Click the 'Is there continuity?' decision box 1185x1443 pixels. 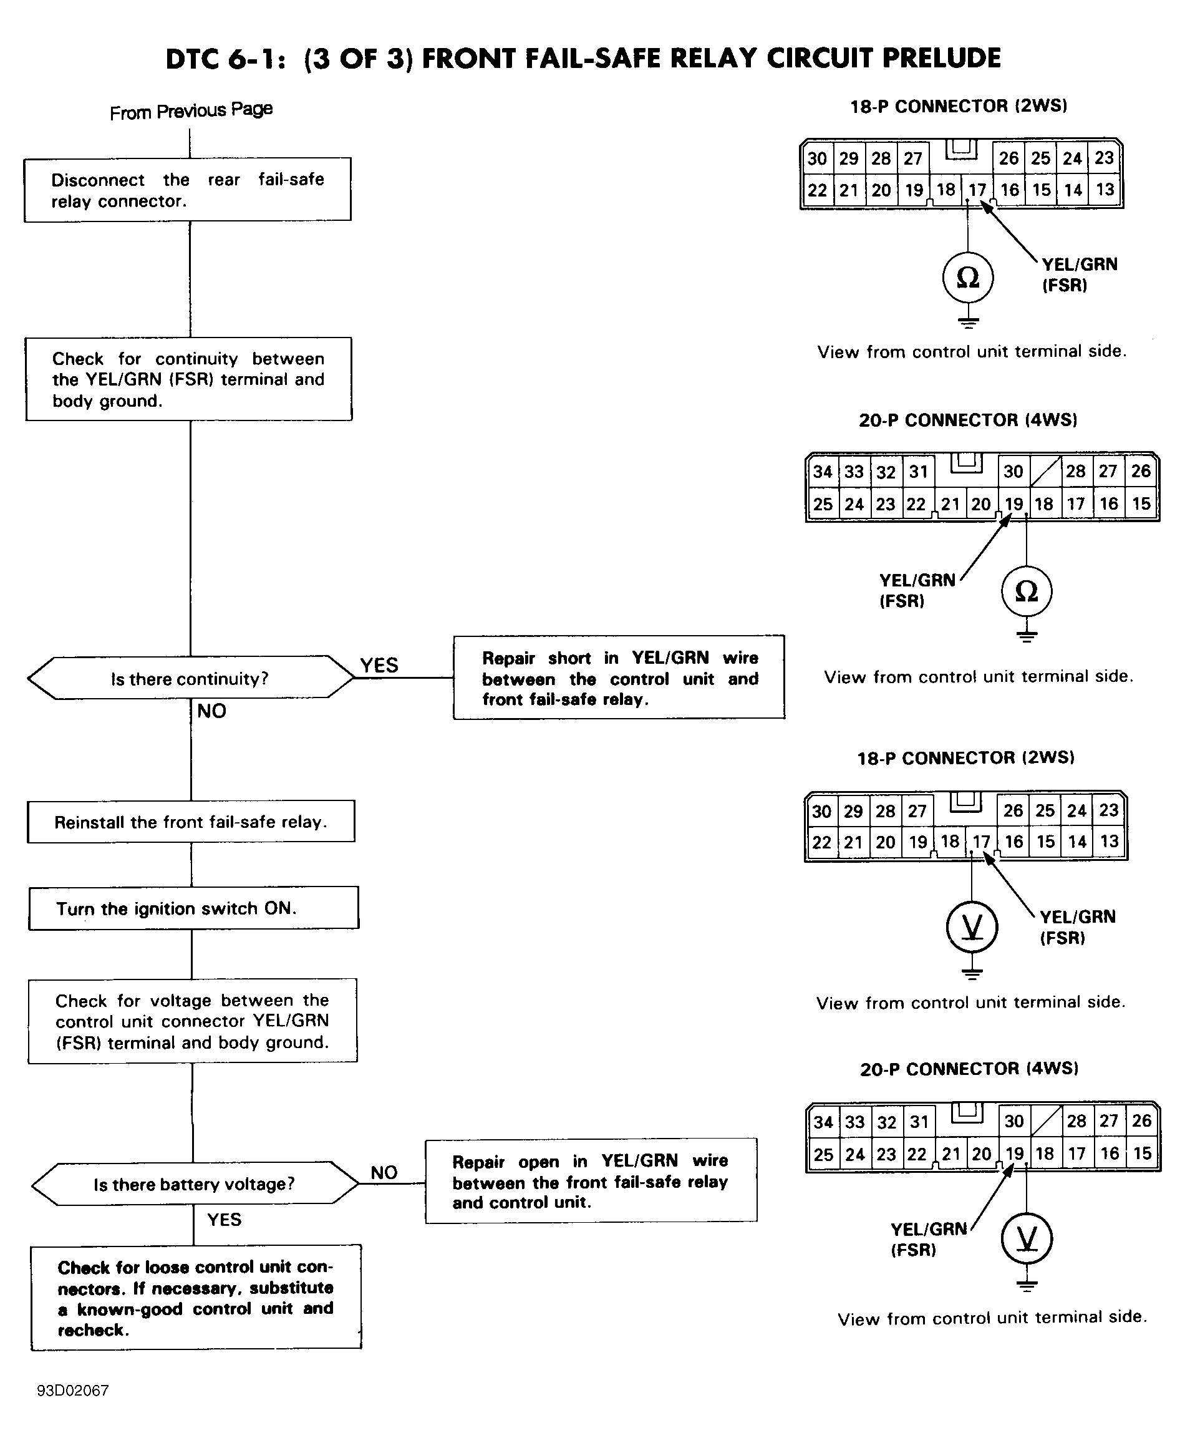click(190, 678)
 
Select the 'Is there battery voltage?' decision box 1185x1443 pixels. click(195, 1183)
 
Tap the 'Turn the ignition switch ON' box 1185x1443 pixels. click(193, 908)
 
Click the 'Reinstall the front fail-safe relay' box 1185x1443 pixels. click(191, 822)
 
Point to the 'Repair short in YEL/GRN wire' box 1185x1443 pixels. click(619, 678)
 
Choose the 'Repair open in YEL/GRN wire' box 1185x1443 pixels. click(591, 1181)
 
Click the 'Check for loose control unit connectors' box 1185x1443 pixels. click(196, 1298)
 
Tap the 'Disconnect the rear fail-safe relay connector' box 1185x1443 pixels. click(188, 190)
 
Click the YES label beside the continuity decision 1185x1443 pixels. click(379, 665)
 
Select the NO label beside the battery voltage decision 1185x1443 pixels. click(384, 1173)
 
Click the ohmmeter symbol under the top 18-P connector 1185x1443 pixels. click(968, 277)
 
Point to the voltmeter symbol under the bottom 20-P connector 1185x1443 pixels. click(1027, 1238)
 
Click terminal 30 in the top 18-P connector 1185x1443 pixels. click(817, 158)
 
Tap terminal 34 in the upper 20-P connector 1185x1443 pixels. click(823, 471)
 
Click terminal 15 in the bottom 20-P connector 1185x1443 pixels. click(1142, 1154)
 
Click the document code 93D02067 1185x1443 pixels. click(73, 1391)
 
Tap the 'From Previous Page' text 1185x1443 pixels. click(191, 110)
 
